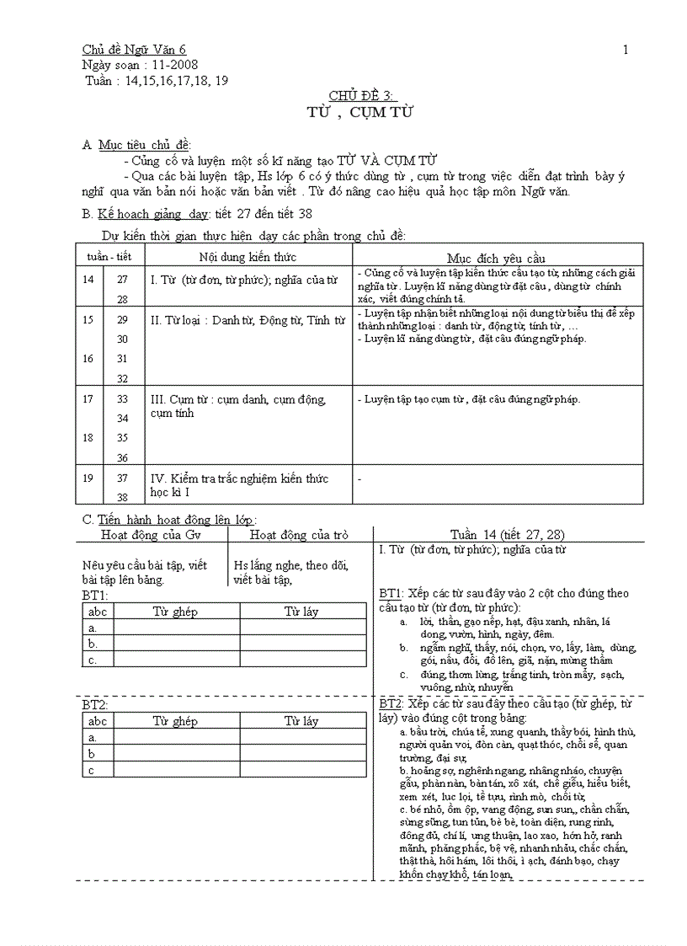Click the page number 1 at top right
click(x=626, y=50)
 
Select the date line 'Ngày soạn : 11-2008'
click(x=141, y=65)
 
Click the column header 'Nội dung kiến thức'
click(x=248, y=256)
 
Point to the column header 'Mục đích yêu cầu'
click(x=496, y=258)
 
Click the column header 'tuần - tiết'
click(x=107, y=256)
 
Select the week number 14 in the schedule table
click(x=88, y=279)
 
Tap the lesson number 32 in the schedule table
click(x=123, y=378)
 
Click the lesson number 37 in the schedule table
click(x=123, y=478)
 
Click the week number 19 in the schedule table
click(x=88, y=478)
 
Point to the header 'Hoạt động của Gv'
click(x=151, y=534)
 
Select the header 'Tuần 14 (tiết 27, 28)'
click(x=507, y=534)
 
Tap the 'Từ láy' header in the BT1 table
click(x=301, y=612)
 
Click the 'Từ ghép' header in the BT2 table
click(x=175, y=721)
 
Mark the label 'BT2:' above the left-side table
click(x=95, y=704)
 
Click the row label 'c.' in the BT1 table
click(x=93, y=660)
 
